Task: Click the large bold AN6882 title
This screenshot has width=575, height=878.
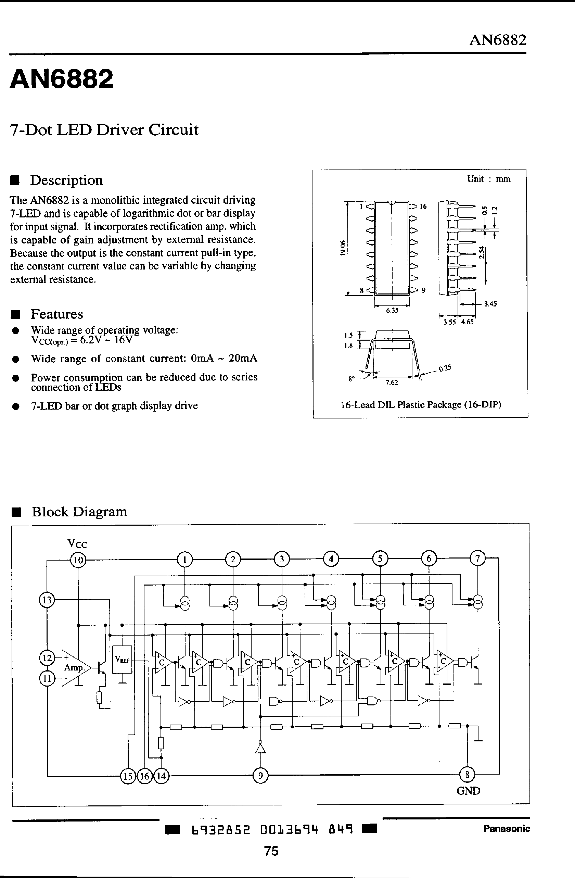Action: click(x=61, y=79)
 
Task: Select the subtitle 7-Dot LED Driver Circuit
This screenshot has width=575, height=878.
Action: click(x=104, y=130)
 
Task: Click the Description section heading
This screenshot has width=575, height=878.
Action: click(x=66, y=180)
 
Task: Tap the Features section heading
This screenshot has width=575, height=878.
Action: click(x=57, y=314)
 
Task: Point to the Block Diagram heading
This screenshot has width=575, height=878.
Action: click(x=79, y=512)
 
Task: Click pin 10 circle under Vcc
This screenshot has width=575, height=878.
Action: click(x=78, y=560)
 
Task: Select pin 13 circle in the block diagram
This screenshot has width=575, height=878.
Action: click(x=47, y=600)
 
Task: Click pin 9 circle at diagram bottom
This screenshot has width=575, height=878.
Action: click(x=260, y=776)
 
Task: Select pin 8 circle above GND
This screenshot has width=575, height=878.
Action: click(x=467, y=774)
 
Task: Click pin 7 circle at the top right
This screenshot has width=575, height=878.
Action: click(x=478, y=559)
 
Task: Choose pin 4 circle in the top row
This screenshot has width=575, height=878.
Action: click(x=331, y=559)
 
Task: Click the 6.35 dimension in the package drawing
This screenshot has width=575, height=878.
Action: click(x=392, y=311)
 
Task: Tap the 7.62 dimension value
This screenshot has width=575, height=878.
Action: click(x=392, y=382)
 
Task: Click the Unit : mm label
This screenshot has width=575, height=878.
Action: click(x=488, y=179)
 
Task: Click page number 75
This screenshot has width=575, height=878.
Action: click(x=271, y=851)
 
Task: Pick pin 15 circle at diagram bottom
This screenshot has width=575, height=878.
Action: click(x=128, y=776)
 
